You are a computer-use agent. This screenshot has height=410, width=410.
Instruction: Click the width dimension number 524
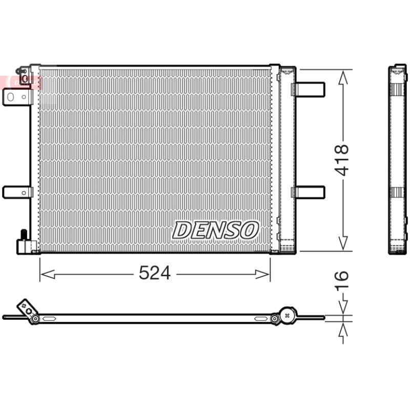click(x=155, y=273)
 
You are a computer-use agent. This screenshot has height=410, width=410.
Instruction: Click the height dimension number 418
click(x=342, y=160)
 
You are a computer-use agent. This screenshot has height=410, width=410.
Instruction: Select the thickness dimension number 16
click(x=342, y=279)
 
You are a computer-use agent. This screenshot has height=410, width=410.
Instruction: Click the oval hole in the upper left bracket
click(x=10, y=97)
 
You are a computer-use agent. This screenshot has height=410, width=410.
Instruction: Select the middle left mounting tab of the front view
click(x=17, y=193)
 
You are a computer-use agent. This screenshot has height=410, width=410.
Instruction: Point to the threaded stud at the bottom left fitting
click(x=24, y=234)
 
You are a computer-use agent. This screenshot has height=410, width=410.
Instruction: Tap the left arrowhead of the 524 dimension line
click(x=48, y=274)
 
